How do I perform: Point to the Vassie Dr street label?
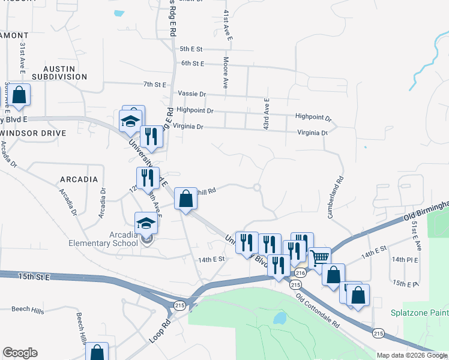[192, 94]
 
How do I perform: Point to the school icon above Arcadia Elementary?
[145, 224]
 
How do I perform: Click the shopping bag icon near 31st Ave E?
[19, 95]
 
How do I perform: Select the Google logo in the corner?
[20, 353]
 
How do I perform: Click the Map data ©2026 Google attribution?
[412, 355]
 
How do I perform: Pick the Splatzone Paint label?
[420, 313]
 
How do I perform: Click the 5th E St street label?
[192, 49]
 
